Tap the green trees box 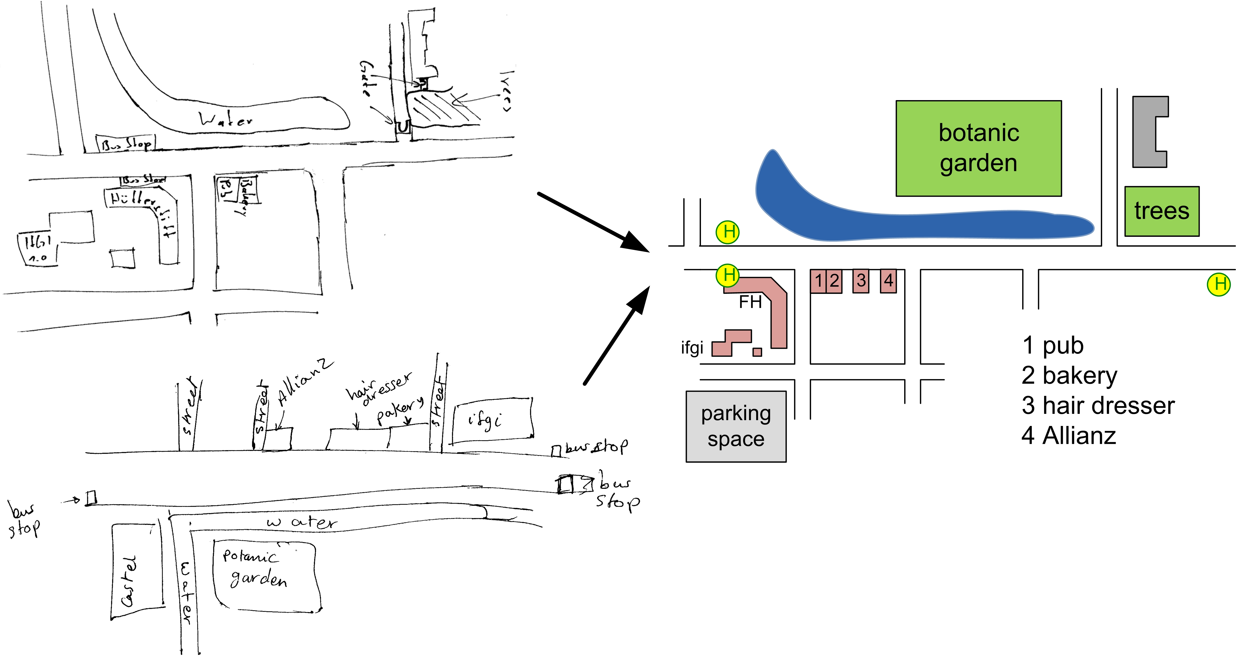1162,211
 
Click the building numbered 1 818,281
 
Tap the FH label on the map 750,302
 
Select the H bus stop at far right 1219,284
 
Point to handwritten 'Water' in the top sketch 225,119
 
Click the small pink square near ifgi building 757,352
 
